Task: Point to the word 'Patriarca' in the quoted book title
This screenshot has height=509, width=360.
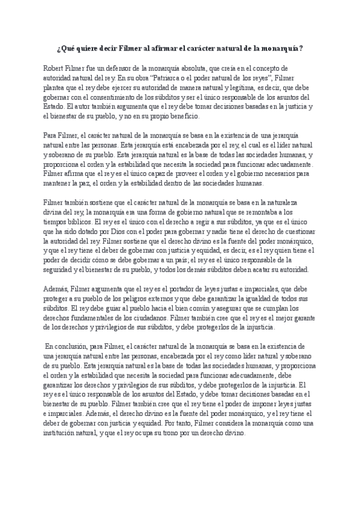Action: click(171, 78)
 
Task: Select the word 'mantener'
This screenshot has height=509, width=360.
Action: click(59, 183)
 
